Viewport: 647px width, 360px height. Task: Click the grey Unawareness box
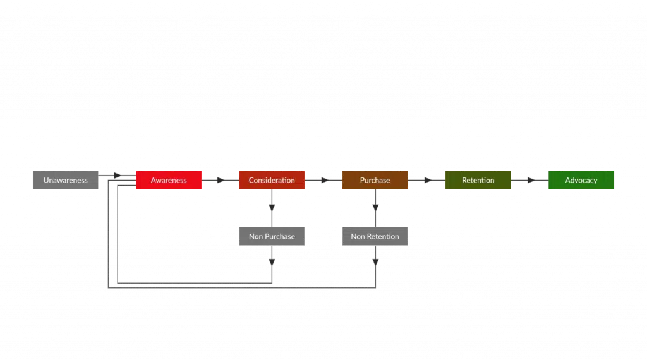pyautogui.click(x=66, y=180)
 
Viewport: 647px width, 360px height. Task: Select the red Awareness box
pyautogui.click(x=169, y=180)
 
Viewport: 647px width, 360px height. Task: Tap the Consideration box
pyautogui.click(x=272, y=180)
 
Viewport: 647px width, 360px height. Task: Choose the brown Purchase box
pyautogui.click(x=375, y=180)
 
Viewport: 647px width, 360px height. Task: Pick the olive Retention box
pyautogui.click(x=478, y=180)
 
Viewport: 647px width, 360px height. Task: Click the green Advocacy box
pyautogui.click(x=581, y=180)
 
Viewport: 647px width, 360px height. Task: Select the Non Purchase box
pyautogui.click(x=272, y=236)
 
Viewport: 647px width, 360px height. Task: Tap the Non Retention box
pyautogui.click(x=375, y=236)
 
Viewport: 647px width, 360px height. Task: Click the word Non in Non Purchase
pyautogui.click(x=256, y=236)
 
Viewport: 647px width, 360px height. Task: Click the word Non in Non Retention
pyautogui.click(x=358, y=236)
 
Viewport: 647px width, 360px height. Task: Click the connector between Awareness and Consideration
pyautogui.click(x=220, y=180)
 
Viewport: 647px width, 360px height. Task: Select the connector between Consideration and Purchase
pyautogui.click(x=323, y=180)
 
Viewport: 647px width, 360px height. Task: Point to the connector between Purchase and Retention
pyautogui.click(x=426, y=180)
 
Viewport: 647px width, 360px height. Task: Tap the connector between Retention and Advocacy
pyautogui.click(x=529, y=180)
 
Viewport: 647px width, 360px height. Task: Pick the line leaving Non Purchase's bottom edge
pyautogui.click(x=272, y=263)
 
